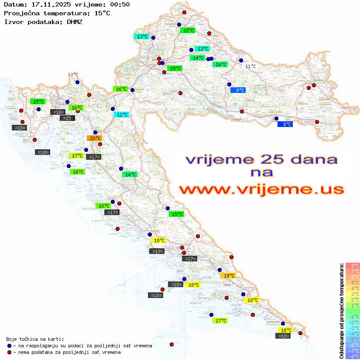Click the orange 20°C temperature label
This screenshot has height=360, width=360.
pos(95,138)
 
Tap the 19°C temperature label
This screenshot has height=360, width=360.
pos(228,276)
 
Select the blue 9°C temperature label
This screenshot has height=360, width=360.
pos(238,90)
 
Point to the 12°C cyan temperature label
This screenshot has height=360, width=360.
pos(122,115)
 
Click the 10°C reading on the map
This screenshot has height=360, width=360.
pos(73,75)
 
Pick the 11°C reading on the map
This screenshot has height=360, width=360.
pos(250,66)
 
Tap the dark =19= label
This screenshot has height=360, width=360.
pos(157,251)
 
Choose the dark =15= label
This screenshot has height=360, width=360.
pos(67,118)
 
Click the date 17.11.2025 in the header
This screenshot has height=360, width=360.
pos(48,4)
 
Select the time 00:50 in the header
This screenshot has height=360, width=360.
pos(119,4)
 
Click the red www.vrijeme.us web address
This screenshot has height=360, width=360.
pos(261,189)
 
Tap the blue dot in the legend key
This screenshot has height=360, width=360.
pos(9,346)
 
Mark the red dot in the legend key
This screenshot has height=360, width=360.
pos(9,352)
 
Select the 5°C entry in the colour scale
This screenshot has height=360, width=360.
pos(353,283)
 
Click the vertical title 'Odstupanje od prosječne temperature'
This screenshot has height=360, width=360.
pos(342,311)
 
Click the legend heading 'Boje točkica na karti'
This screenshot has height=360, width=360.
pos(35,339)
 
